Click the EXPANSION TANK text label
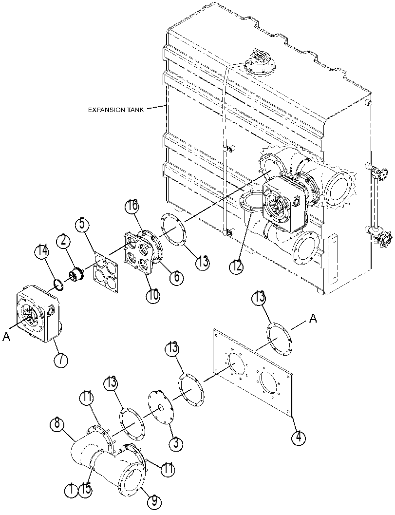pos(116,110)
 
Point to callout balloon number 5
pos(82,225)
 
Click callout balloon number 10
pos(153,295)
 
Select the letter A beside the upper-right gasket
pos(313,318)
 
